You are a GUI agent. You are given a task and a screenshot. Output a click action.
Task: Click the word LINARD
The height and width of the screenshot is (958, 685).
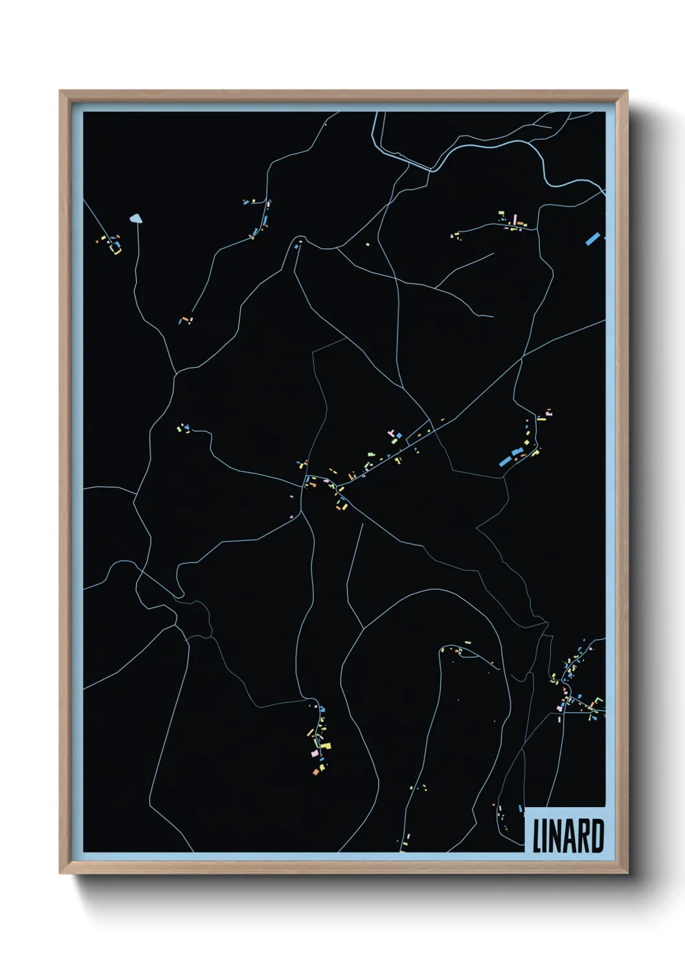pyautogui.click(x=568, y=836)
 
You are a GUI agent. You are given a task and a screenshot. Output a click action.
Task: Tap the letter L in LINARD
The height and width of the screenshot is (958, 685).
pyautogui.click(x=537, y=836)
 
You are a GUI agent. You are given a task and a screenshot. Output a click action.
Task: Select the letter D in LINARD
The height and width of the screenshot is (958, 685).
pyautogui.click(x=598, y=836)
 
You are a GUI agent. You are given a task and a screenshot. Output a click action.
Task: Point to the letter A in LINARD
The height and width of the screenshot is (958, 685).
pyautogui.click(x=568, y=836)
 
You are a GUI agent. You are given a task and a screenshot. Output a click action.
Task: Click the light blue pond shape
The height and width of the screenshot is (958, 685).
pyautogui.click(x=136, y=219)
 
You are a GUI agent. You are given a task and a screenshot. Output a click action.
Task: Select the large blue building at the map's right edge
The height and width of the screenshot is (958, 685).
pyautogui.click(x=592, y=238)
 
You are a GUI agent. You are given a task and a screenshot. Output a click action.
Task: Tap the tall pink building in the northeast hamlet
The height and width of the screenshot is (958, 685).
pyautogui.click(x=515, y=220)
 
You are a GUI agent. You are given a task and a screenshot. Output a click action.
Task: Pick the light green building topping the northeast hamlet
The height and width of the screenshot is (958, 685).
pyautogui.click(x=501, y=213)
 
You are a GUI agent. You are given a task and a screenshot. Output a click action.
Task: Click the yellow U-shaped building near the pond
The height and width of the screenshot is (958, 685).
pyautogui.click(x=116, y=249)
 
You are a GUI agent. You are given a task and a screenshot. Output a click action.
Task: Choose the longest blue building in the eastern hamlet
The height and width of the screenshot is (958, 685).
pyautogui.click(x=506, y=461)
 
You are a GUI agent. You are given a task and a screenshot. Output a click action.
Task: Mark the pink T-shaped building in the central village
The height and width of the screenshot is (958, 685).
pyautogui.click(x=391, y=432)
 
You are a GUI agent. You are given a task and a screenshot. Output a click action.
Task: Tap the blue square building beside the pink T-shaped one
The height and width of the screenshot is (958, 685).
pyautogui.click(x=399, y=435)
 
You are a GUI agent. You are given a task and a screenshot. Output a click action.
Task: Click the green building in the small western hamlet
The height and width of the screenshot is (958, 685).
pyautogui.click(x=179, y=427)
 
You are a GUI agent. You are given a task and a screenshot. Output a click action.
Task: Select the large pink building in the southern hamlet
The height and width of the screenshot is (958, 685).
pyautogui.click(x=315, y=753)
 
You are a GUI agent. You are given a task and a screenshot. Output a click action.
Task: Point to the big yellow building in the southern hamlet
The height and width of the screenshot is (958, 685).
pyautogui.click(x=326, y=746)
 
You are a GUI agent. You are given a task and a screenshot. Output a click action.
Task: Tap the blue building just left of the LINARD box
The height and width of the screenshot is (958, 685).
pyautogui.click(x=521, y=809)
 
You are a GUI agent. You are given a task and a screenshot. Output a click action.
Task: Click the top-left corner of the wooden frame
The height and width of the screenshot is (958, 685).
pyautogui.click(x=60, y=91)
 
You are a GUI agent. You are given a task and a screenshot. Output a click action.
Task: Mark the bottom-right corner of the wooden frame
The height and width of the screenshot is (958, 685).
pyautogui.click(x=627, y=873)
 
